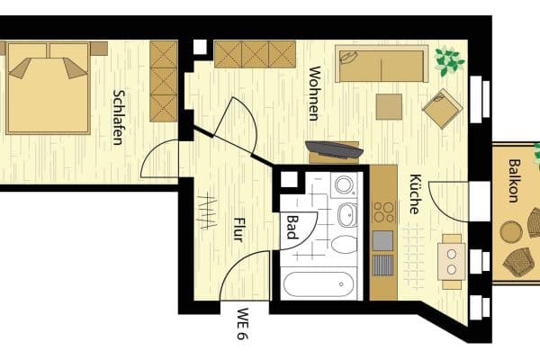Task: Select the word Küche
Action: click(415, 193)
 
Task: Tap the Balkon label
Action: click(512, 181)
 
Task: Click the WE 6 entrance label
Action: click(242, 325)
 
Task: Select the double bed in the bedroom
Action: click(49, 86)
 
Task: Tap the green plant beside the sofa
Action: click(447, 60)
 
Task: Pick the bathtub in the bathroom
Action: click(320, 284)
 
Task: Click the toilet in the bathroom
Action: click(345, 244)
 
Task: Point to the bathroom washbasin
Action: click(347, 214)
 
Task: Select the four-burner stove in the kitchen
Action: click(383, 212)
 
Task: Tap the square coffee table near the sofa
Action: click(389, 106)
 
